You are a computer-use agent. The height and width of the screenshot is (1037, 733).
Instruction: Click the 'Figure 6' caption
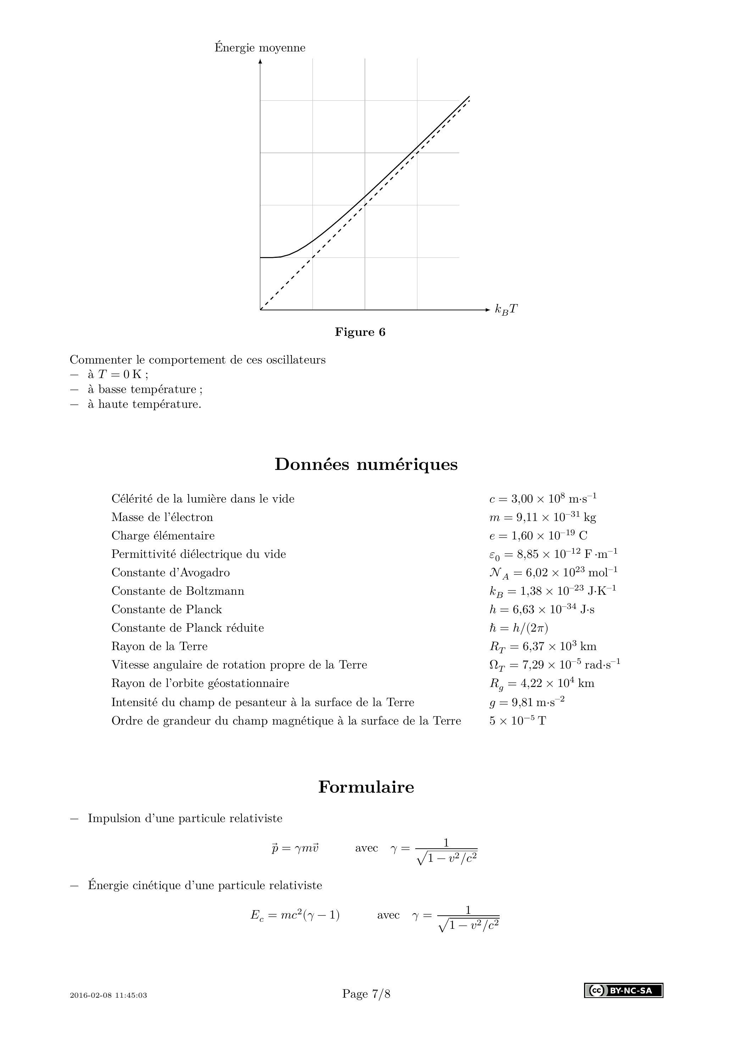point(360,332)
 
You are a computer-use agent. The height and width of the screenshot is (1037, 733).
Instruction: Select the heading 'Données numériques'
point(366,464)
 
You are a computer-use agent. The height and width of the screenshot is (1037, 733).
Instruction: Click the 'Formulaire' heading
point(366,787)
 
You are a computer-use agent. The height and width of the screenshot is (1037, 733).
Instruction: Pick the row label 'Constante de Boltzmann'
point(178,591)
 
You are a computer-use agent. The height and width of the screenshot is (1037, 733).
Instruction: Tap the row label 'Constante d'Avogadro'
point(170,572)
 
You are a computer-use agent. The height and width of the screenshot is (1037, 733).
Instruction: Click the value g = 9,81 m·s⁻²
point(527,702)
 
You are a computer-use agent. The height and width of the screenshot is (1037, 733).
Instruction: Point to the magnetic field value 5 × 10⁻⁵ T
point(517,721)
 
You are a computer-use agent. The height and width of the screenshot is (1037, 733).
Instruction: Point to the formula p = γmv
point(295,848)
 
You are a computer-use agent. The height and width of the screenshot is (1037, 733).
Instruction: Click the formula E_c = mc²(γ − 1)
point(295,915)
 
